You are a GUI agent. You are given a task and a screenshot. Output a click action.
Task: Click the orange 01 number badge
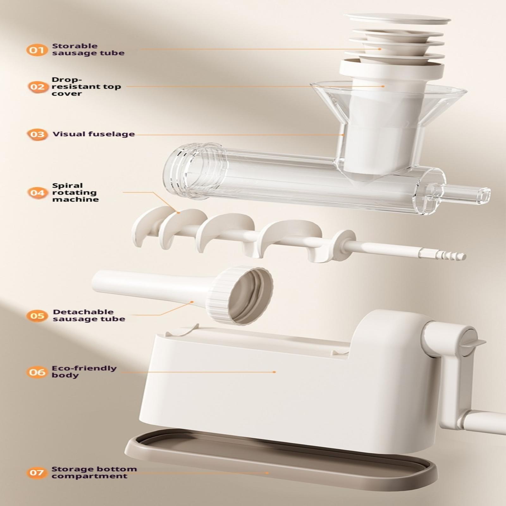point(36,50)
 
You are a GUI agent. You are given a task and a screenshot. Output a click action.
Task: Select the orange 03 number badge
point(37,134)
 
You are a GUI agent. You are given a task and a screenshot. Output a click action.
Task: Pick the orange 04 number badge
point(37,192)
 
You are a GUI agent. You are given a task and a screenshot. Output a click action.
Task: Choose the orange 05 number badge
point(37,316)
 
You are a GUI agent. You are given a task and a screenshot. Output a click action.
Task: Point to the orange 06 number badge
point(37,372)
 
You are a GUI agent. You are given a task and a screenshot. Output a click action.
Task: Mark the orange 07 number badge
point(37,473)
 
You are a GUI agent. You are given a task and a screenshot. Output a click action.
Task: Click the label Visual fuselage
point(94,134)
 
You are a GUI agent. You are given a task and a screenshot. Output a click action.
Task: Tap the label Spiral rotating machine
point(75,192)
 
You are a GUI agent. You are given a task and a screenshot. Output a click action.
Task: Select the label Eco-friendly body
point(84,372)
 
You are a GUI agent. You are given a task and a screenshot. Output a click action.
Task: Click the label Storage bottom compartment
point(94,472)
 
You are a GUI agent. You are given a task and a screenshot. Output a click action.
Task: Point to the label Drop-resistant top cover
point(86,86)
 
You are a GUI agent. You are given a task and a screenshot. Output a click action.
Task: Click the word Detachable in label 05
point(83,312)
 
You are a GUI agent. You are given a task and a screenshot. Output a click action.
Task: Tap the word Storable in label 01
point(75,46)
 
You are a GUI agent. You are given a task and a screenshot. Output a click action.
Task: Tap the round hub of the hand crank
point(467,342)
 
